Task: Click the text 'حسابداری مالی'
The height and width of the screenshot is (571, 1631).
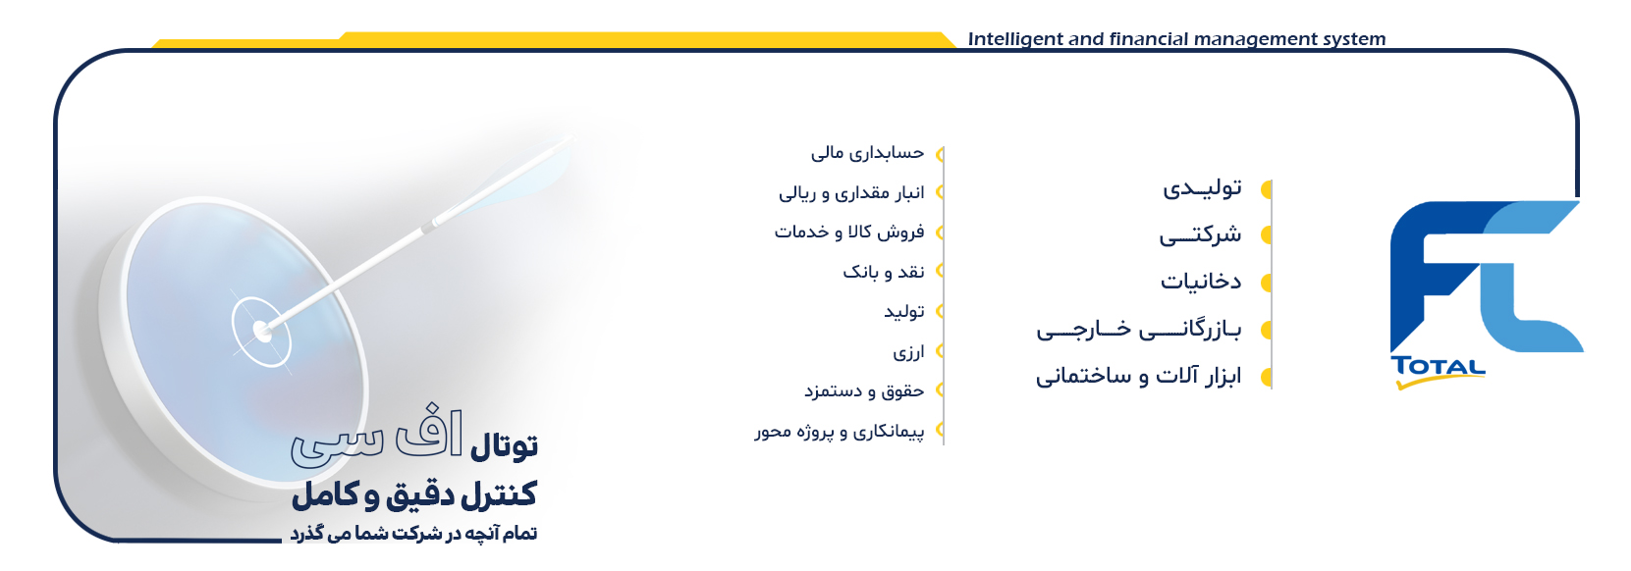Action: tap(867, 153)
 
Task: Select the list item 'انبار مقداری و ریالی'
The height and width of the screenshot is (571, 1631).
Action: tap(851, 192)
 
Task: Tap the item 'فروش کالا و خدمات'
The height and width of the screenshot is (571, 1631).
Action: tap(849, 233)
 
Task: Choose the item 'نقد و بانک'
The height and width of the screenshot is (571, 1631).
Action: tap(883, 272)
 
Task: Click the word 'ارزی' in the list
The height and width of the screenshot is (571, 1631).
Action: tap(908, 352)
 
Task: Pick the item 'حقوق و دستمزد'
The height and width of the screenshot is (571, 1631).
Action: tap(863, 391)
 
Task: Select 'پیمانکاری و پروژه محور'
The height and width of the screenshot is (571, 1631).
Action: tap(839, 432)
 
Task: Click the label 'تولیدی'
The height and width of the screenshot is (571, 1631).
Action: tap(1202, 188)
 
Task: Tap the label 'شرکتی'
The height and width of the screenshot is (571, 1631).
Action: tap(1201, 234)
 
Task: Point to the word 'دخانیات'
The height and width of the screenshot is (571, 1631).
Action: tap(1202, 282)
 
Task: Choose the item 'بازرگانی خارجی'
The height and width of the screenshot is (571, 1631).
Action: tap(1139, 330)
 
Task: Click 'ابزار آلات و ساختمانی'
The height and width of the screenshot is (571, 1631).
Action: tap(1139, 376)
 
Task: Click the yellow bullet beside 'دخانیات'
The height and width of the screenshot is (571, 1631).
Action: tap(1266, 283)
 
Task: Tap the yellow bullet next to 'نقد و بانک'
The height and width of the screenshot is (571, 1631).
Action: tap(940, 271)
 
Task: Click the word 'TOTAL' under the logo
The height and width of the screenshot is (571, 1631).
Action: tap(1438, 367)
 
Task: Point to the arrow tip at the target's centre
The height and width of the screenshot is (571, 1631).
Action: tap(261, 333)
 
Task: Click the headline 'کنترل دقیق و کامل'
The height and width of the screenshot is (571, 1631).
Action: tap(414, 494)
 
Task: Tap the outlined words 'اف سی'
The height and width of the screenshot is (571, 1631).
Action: tap(376, 438)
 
